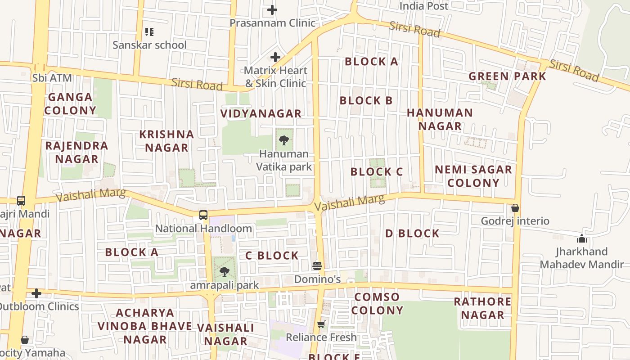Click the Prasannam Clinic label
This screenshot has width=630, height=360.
tap(272, 22)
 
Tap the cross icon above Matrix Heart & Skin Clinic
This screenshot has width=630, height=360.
tap(275, 57)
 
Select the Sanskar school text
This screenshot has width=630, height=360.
tap(149, 45)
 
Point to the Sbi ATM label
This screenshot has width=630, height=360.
tap(52, 78)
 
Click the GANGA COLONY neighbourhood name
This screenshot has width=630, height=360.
tap(70, 103)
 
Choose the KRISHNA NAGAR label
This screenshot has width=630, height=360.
tap(166, 141)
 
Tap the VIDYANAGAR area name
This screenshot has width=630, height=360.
tap(261, 113)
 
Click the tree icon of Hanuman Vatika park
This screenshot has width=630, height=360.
tap(283, 140)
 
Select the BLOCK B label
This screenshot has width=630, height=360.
tap(366, 100)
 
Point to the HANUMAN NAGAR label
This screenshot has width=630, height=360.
tap(440, 119)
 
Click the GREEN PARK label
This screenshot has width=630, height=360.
tap(507, 76)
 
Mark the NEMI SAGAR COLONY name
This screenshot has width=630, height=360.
tap(473, 176)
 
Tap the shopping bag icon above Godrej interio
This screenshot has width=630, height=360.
tap(515, 208)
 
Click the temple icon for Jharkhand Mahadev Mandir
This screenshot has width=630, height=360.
tap(582, 238)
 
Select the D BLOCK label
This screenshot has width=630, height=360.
tap(412, 233)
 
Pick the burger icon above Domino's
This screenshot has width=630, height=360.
tap(317, 265)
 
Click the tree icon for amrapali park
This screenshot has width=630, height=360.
tap(224, 272)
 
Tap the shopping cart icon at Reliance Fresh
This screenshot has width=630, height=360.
tap(321, 324)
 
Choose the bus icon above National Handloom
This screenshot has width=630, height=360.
tap(203, 215)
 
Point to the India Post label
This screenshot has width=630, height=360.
tap(424, 6)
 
